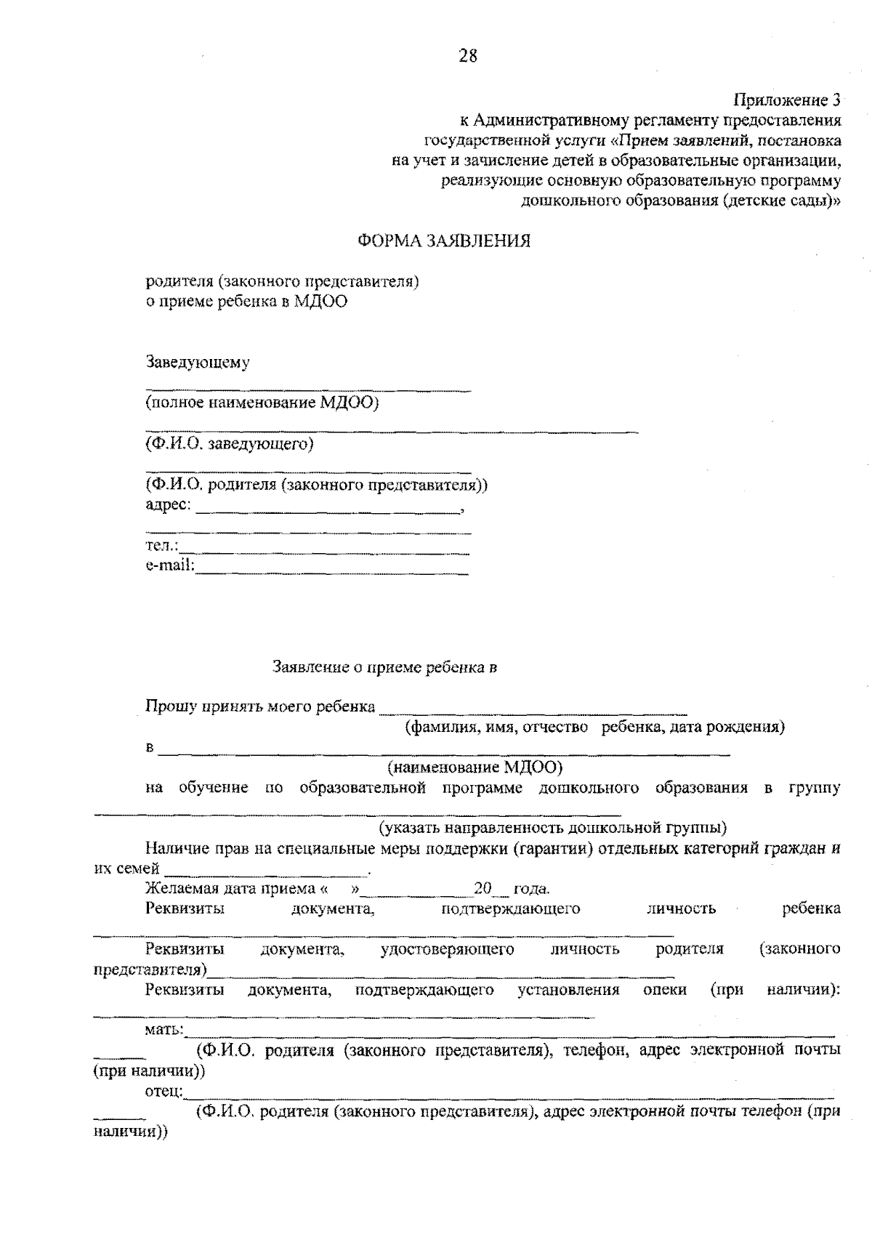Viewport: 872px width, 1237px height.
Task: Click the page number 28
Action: [x=468, y=55]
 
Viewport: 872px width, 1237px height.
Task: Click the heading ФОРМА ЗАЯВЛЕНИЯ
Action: [x=444, y=241]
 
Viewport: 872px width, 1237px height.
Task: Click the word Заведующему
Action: [x=198, y=362]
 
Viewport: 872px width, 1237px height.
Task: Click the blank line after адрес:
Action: [x=327, y=509]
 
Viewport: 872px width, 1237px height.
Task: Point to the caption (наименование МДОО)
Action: [x=475, y=767]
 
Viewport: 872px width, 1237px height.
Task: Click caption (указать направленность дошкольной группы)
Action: [x=552, y=827]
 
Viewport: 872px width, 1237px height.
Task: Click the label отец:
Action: [x=165, y=1092]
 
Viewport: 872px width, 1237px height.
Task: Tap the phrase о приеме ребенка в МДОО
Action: [x=246, y=302]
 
